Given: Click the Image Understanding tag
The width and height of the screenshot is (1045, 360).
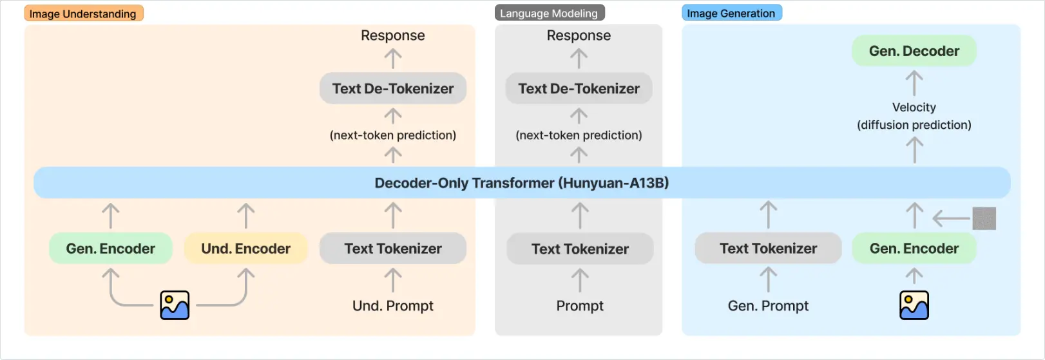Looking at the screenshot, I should [83, 14].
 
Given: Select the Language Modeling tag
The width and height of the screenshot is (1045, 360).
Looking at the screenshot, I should [549, 14].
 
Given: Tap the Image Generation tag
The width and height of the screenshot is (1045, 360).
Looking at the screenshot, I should [731, 14].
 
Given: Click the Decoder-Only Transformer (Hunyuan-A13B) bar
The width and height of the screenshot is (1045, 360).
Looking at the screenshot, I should [522, 183].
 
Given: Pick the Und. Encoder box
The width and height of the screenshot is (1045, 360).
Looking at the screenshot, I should [245, 249].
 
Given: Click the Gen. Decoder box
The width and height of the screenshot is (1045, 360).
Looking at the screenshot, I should [914, 51].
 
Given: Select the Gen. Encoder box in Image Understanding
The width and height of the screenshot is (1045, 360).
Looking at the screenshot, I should [110, 249].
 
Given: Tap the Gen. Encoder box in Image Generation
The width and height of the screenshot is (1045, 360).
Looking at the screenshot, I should [914, 249].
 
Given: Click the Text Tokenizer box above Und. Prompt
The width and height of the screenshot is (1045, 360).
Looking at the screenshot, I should [393, 249].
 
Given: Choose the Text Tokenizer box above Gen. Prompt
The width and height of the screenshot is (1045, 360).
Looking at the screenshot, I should [768, 249].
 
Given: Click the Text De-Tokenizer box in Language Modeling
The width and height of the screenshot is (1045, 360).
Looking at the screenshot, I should [579, 88].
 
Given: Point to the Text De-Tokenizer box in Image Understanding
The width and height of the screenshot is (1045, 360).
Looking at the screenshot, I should [393, 88].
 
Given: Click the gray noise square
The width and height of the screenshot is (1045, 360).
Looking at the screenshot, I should [984, 218].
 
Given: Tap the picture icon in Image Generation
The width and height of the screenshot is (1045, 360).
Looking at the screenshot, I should [914, 305].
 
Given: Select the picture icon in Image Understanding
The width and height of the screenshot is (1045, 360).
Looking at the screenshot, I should [175, 305].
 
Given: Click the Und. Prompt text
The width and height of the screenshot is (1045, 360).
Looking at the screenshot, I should [393, 306].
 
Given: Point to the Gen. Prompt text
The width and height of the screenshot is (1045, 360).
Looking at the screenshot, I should [768, 306].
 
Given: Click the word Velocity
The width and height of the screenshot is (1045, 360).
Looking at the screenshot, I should [914, 108].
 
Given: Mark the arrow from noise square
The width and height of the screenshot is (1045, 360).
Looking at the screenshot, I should [951, 219].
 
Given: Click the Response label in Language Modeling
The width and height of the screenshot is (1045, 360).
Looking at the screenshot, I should [579, 35].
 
